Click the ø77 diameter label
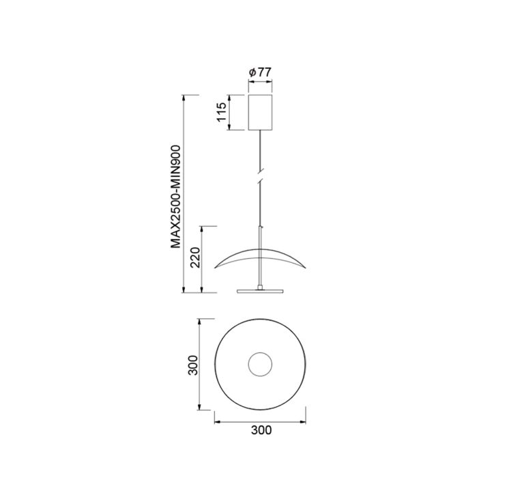pos(260,72)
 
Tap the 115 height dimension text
pos(222,112)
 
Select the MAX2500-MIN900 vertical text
pos(176,197)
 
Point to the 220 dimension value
pos(195,257)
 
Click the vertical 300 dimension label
pos(193,365)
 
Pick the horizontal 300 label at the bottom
pos(261,430)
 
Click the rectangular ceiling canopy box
pos(261,112)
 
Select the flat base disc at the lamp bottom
pos(260,292)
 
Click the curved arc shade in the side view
pos(260,249)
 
